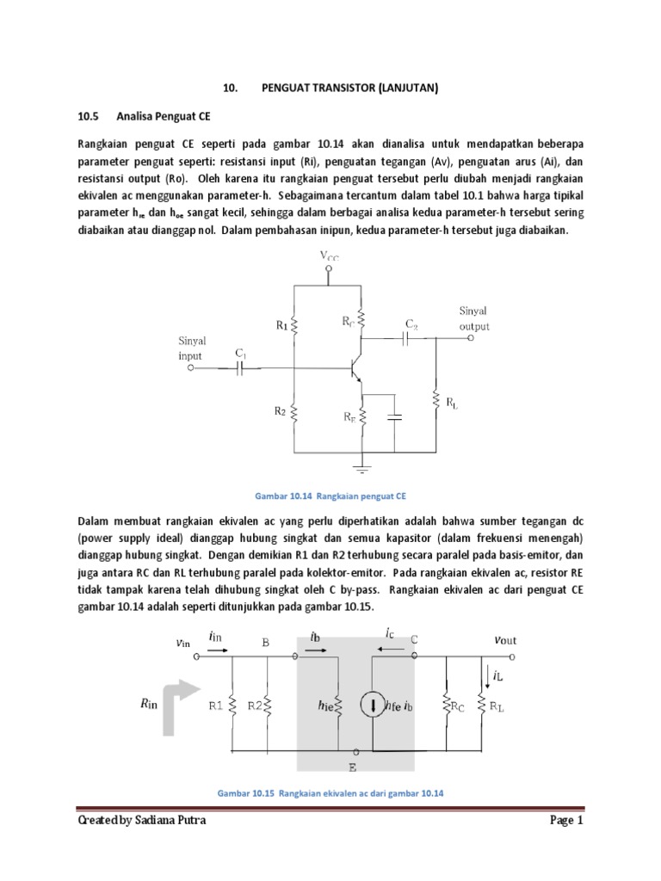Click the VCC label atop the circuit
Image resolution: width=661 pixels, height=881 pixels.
click(x=329, y=256)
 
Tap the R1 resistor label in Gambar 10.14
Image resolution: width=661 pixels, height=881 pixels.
click(x=281, y=325)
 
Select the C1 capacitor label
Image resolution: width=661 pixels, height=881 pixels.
click(x=241, y=353)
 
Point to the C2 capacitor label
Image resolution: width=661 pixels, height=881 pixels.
click(x=411, y=323)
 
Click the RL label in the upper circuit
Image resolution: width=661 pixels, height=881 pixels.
click(x=451, y=403)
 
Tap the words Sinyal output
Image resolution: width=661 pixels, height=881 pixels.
click(x=474, y=318)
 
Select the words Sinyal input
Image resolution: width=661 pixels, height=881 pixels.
click(x=193, y=348)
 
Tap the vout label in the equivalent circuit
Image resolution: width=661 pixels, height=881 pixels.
click(x=505, y=639)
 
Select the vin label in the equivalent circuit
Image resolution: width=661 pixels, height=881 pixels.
click(x=182, y=641)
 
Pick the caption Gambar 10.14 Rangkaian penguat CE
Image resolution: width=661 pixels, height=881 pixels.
click(x=330, y=496)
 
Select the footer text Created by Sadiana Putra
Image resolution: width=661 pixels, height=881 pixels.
click(x=142, y=822)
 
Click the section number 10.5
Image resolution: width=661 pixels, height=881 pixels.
click(x=89, y=115)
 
